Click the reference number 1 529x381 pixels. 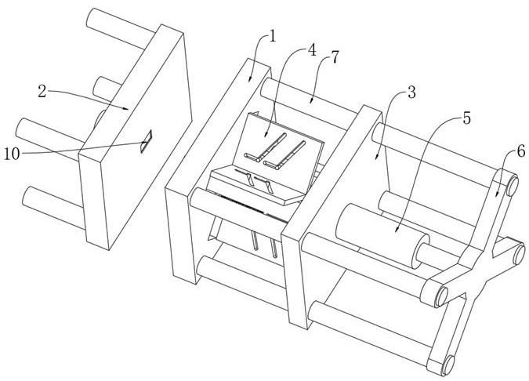[272, 36]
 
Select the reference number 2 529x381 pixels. [42, 91]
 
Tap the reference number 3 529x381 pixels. [411, 93]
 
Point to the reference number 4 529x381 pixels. [312, 50]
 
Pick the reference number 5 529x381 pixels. [466, 118]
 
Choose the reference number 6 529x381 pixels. [520, 150]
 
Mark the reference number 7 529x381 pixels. [334, 57]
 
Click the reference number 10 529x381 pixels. [12, 154]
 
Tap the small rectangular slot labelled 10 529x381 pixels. [147, 141]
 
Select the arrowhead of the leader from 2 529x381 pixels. [126, 108]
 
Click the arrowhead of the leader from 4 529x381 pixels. [266, 135]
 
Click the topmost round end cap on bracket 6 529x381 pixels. [512, 185]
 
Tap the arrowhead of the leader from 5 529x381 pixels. [397, 230]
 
